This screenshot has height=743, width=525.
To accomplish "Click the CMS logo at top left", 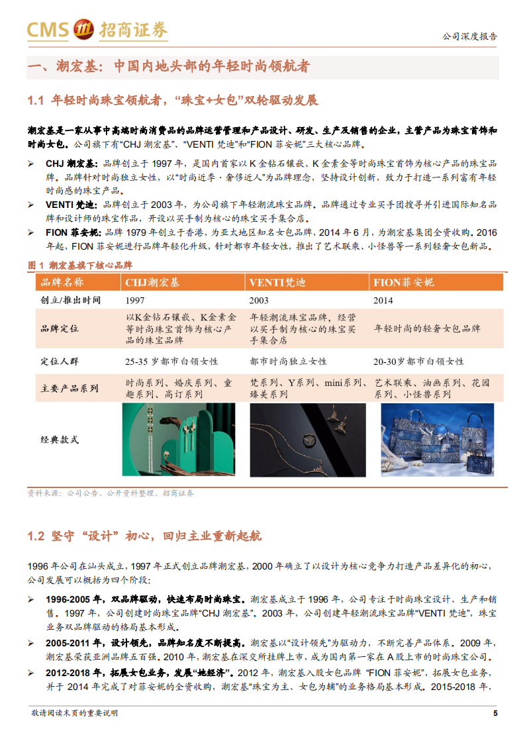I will pos(97,30).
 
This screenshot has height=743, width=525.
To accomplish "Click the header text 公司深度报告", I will pos(469,37).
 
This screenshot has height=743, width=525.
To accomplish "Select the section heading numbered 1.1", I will pos(173,101).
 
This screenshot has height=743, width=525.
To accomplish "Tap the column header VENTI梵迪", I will pos(277,283).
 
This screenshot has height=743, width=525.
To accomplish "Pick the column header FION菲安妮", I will pos(404,283).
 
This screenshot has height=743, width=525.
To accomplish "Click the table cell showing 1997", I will pos(135,301).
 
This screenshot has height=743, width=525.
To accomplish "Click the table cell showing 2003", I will pos(260,301).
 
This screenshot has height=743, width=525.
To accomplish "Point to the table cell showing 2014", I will pos(383,301).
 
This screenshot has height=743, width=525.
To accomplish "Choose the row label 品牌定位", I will pos(60,328).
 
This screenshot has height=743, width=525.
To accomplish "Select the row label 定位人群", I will pos(60,362).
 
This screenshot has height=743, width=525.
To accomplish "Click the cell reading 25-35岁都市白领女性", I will pos(171,362).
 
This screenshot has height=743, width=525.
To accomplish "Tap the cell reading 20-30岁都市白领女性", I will pos(419,362).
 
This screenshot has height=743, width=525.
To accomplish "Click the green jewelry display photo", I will pos(179,439).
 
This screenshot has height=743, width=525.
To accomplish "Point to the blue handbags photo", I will pos(437,439).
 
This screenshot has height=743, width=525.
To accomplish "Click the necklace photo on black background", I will pos(307,439).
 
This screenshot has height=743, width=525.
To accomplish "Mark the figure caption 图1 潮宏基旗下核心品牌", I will pos(80,265).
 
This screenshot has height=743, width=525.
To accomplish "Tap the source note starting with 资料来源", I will pos(111,493).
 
